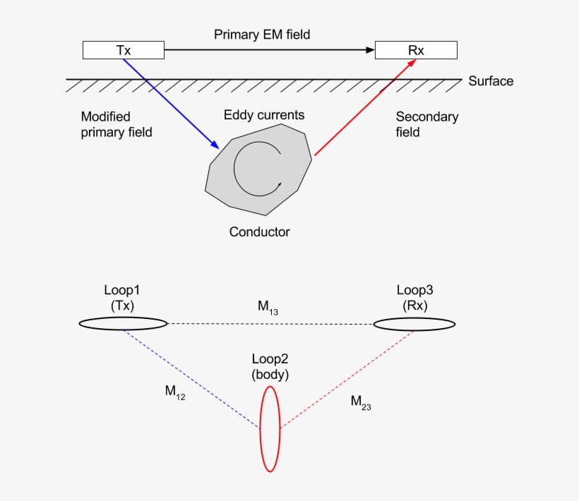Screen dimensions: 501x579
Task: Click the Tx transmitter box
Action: [124, 50]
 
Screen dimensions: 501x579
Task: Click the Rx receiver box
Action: [416, 50]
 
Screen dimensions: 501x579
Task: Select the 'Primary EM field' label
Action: [262, 34]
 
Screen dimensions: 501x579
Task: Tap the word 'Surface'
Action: [491, 81]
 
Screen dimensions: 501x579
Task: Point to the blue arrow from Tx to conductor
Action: [169, 102]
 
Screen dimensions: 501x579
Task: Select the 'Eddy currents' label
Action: [264, 114]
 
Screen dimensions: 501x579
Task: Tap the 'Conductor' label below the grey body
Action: [260, 231]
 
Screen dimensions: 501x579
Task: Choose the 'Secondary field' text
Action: [426, 124]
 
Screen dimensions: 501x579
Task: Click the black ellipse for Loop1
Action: [123, 324]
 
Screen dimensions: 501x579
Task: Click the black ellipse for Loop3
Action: [414, 324]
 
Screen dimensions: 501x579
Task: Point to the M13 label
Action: [268, 307]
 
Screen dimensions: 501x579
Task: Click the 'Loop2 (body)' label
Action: [270, 368]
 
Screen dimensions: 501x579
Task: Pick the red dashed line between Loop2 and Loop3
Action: [346, 378]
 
